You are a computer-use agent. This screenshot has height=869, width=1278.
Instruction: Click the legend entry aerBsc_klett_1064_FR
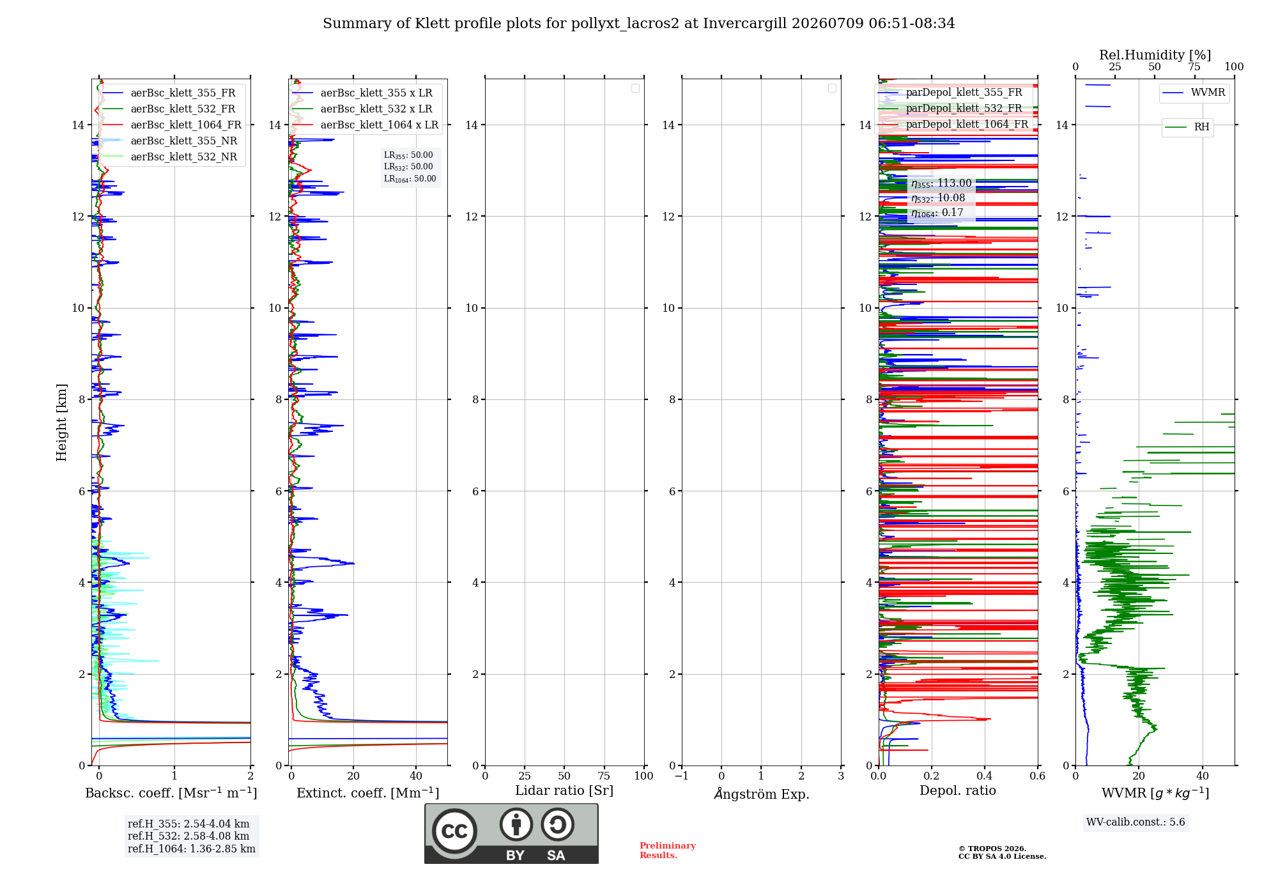[171, 125]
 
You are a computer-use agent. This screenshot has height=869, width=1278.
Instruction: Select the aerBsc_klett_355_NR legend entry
[169, 141]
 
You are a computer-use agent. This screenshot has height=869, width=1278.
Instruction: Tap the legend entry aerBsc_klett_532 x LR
[362, 109]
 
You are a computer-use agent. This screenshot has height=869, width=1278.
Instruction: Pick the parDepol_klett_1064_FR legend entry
[953, 125]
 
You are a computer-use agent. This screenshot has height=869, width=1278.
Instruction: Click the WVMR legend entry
[1194, 93]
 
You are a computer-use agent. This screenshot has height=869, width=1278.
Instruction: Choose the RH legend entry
[1187, 127]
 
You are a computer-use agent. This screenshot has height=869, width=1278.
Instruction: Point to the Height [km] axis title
[61, 422]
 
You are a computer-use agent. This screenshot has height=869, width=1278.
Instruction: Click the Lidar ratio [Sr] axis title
[564, 791]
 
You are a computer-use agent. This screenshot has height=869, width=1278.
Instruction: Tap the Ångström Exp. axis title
[762, 793]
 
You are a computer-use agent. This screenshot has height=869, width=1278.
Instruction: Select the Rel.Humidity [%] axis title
[1155, 55]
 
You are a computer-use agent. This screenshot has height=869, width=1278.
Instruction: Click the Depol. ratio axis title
[958, 791]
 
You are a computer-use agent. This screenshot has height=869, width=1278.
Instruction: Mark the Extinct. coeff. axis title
[368, 793]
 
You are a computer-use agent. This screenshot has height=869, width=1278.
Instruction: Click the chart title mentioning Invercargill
[639, 24]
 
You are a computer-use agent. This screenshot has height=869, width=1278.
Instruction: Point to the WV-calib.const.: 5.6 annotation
[1136, 822]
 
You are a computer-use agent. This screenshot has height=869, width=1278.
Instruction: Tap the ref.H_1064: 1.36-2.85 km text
[192, 849]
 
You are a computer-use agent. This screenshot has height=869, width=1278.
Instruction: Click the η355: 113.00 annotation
[941, 183]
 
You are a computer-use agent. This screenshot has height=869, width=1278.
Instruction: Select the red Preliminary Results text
[668, 850]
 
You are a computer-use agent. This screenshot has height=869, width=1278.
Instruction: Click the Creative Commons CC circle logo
[454, 831]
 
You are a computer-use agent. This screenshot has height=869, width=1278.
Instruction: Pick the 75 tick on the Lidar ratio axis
[604, 776]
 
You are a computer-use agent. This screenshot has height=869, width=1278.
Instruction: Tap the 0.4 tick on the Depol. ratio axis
[985, 776]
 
